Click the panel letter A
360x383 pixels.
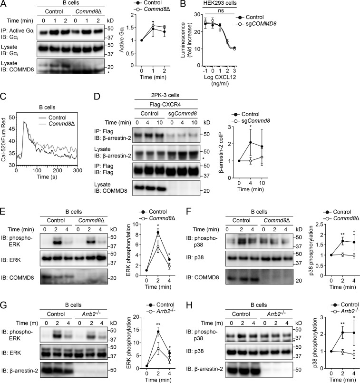coord(4,4)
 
